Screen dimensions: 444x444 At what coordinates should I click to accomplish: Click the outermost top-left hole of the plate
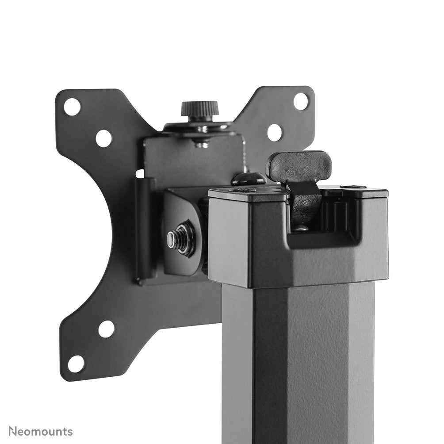coord(72,107)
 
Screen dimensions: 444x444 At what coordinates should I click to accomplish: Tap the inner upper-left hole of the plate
coord(103,138)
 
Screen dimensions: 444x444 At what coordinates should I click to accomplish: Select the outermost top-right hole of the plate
coord(301,101)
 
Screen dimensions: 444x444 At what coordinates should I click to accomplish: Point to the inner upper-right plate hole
coord(275,132)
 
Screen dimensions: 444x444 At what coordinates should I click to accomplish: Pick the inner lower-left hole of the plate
coord(106,329)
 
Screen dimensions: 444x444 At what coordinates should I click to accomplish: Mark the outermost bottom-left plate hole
coord(76,364)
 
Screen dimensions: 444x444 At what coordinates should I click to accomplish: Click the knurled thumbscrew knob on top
coord(199,108)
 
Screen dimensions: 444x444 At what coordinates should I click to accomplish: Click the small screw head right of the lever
coord(352,187)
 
